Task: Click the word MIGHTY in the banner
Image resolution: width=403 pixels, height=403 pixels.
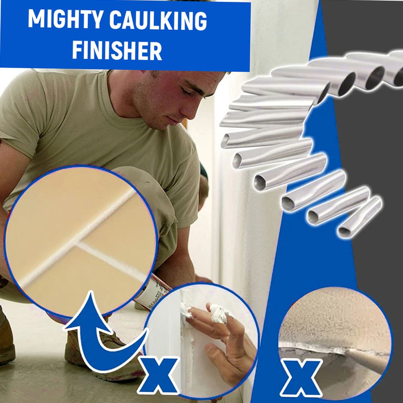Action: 66,20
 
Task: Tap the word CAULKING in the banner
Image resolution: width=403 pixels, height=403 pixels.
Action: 158,21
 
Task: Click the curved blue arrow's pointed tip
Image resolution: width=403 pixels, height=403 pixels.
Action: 91,292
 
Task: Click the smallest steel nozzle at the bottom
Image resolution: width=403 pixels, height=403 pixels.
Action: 360,217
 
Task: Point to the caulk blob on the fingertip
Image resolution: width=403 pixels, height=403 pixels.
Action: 218,314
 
